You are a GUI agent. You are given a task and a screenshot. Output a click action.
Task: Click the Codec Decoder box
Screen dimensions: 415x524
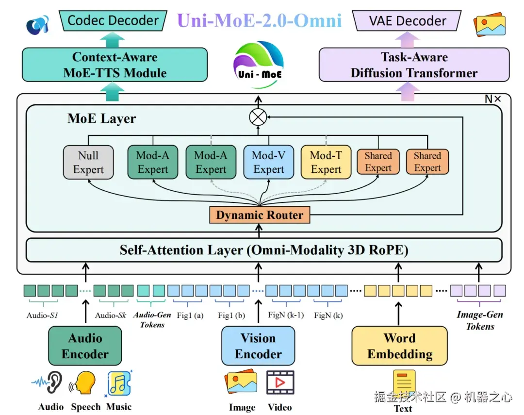coord(113,21)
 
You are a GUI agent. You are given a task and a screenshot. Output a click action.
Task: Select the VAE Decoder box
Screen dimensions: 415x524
coord(407,21)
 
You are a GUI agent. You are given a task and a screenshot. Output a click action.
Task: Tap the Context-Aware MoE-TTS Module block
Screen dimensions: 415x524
coord(115,65)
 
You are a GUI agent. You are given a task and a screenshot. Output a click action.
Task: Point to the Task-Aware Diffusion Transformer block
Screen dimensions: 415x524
coord(414,65)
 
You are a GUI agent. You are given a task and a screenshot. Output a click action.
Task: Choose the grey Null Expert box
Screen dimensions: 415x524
coord(88,162)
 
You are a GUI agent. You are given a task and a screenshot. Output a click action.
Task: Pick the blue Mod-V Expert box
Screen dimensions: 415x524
coord(268,162)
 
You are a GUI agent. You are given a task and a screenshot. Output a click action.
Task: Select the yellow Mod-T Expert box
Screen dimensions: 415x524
coord(326,162)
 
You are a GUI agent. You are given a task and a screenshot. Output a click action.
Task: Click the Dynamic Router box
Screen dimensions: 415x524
coord(260,215)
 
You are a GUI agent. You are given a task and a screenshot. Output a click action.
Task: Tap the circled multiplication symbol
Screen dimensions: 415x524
coord(258,117)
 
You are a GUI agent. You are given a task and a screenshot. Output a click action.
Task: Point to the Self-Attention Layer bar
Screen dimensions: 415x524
coord(264,250)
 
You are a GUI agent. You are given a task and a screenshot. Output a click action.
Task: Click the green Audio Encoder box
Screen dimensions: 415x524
coord(85,346)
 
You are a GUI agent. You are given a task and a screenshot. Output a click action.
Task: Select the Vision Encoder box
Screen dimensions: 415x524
coord(258,346)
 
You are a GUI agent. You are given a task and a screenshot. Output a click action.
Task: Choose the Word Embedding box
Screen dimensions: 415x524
coord(399,346)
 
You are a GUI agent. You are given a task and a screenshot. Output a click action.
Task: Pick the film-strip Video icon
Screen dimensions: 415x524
coord(280,383)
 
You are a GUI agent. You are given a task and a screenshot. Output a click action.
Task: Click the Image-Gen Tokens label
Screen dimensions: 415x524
coord(480,320)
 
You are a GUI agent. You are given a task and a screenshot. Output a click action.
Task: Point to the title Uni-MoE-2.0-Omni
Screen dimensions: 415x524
coord(260,20)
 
